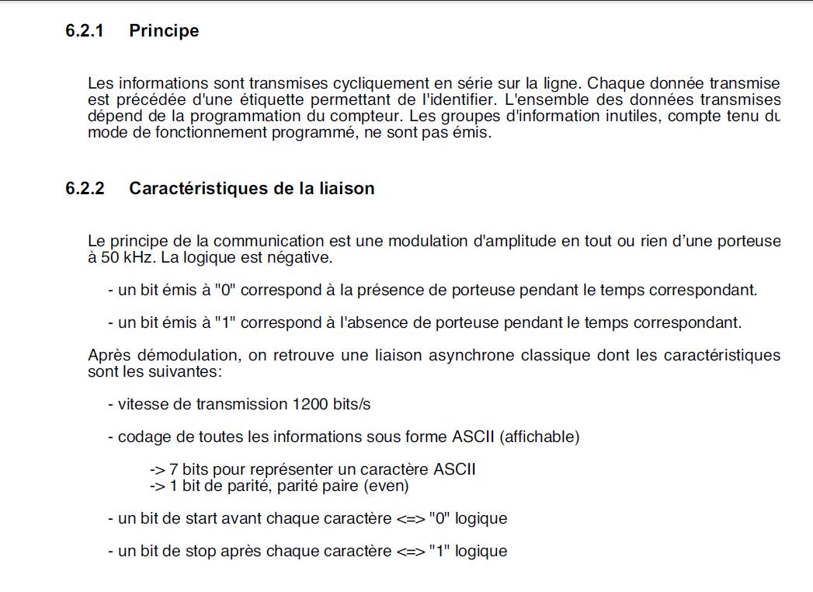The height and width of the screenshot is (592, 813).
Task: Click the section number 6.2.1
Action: tap(85, 31)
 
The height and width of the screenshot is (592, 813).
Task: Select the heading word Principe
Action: tap(164, 31)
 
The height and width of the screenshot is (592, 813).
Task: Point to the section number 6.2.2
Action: tap(85, 189)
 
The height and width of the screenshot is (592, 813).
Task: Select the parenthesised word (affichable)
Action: tap(540, 437)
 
